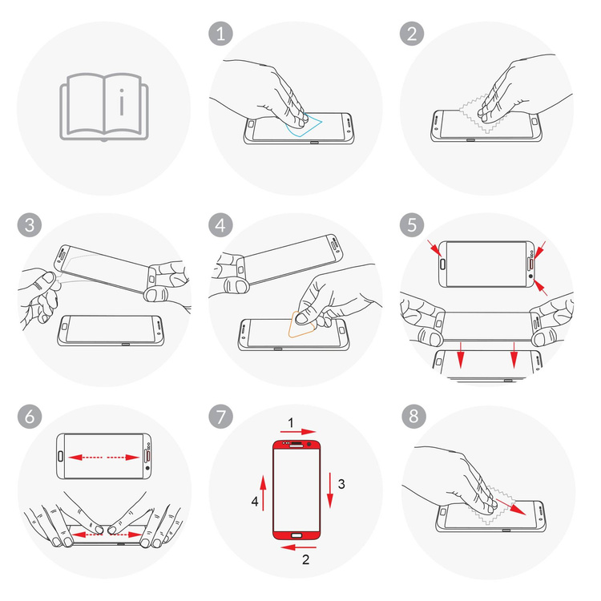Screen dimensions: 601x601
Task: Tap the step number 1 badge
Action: pos(220,34)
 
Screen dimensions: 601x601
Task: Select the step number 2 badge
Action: pos(412,34)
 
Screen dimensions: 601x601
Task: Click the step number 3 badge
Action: pos(30,225)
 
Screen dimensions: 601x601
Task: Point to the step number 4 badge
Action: pos(220,225)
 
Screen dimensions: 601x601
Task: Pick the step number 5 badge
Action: pos(412,225)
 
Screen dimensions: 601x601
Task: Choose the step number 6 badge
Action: pos(30,416)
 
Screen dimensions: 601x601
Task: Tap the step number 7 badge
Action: pos(220,416)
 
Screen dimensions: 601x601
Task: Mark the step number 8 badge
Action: pos(413,416)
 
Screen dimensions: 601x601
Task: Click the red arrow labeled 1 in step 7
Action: pos(298,432)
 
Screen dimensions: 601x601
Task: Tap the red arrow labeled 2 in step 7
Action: pos(298,547)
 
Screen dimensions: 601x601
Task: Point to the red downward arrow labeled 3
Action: pos(329,490)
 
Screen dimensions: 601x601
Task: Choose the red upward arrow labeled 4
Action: pos(263,493)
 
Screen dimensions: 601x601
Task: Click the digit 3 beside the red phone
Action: pos(341,484)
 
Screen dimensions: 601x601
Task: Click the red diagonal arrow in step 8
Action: pos(511,506)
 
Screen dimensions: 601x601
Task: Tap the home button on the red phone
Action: pos(296,535)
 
